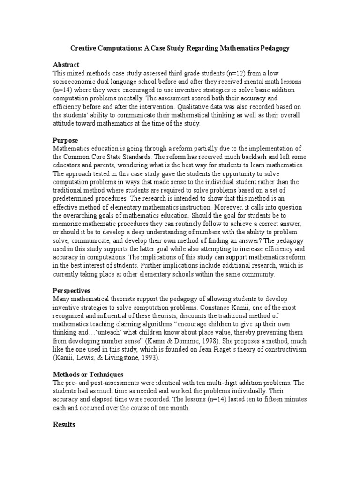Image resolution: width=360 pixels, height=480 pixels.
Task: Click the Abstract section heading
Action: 66,64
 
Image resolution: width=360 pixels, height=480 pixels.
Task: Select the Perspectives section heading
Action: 73,291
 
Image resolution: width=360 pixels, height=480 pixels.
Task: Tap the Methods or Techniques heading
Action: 88,374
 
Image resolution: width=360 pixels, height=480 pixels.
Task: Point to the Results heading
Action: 64,425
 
